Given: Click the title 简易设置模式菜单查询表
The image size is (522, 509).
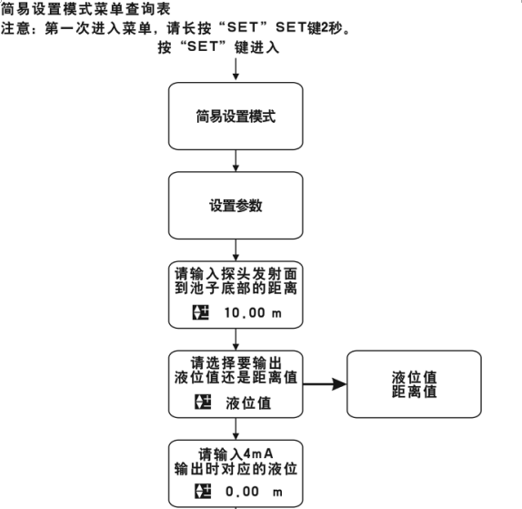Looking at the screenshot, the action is (x=85, y=9).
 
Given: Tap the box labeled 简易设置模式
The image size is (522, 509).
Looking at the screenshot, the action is (x=236, y=116).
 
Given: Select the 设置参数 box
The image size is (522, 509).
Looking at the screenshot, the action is (x=236, y=206).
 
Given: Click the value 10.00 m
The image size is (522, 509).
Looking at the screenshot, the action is (x=253, y=312).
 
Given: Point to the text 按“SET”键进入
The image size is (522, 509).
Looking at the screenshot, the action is (x=218, y=47).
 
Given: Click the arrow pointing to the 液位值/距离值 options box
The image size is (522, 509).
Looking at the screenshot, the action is (x=325, y=384).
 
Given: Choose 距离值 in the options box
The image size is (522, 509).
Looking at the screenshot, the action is (x=414, y=392).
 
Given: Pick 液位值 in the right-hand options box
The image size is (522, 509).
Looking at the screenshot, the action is (x=414, y=378).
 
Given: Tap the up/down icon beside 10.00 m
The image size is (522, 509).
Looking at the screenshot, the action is (x=201, y=312).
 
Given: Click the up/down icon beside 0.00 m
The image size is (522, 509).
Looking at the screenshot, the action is (x=203, y=492).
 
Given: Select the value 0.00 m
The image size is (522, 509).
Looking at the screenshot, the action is (x=254, y=492).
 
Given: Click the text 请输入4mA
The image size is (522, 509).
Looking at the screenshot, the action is (x=236, y=454).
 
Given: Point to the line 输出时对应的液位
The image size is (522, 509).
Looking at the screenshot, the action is (x=236, y=469).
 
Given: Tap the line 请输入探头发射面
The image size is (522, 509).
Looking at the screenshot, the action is (x=236, y=274).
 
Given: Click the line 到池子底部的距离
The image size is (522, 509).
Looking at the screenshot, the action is (x=236, y=289).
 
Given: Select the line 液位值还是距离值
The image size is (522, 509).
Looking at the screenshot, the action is (x=236, y=377).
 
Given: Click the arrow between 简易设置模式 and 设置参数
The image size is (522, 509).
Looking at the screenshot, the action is (x=236, y=160).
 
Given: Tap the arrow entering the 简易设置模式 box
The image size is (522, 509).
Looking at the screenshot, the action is (x=236, y=69).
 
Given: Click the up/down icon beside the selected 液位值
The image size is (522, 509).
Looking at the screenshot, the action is (x=203, y=402).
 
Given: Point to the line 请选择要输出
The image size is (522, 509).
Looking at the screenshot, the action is (x=236, y=363).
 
